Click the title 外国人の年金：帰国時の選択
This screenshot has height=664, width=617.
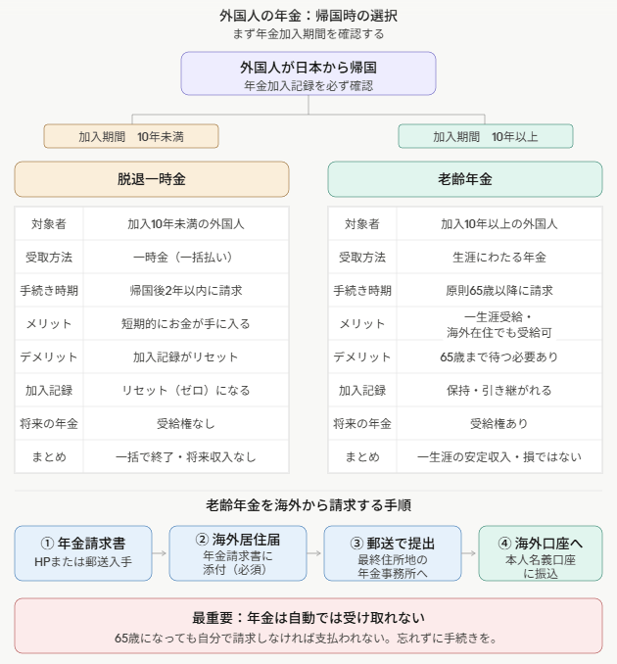[x=308, y=16]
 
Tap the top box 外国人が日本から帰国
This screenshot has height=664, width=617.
[x=308, y=73]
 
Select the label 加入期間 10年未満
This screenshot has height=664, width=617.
[x=131, y=136]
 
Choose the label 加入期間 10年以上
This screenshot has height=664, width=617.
[x=486, y=136]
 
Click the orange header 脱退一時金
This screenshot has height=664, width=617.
[x=152, y=179]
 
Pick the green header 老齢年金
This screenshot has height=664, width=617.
[x=465, y=179]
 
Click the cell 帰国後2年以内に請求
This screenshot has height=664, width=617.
[x=186, y=291]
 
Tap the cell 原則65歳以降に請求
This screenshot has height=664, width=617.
[x=499, y=291]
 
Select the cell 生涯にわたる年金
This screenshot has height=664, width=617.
[x=499, y=257]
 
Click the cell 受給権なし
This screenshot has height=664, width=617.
[x=186, y=423]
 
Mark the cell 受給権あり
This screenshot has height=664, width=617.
[x=499, y=423]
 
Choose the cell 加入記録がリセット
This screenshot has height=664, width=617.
[x=186, y=357]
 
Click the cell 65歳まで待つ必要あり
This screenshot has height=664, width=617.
[x=499, y=357]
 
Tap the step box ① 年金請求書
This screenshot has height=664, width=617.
[x=83, y=553]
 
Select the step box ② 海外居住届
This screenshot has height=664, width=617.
[x=238, y=553]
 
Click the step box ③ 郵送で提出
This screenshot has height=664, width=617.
[x=393, y=553]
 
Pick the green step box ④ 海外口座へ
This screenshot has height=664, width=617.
[x=541, y=553]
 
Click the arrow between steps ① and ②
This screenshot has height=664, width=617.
[x=160, y=553]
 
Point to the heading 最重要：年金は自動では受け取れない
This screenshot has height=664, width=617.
[x=308, y=618]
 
